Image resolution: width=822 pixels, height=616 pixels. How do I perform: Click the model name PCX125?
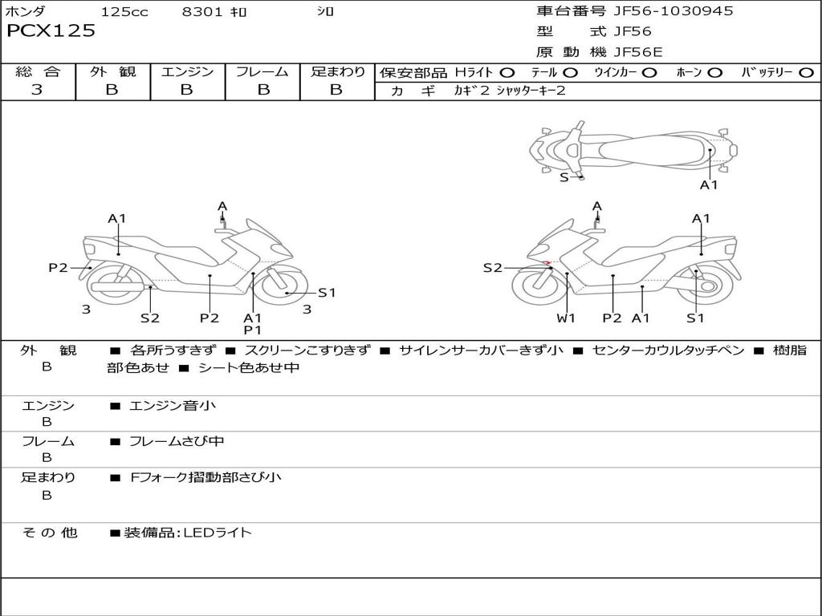click(51, 31)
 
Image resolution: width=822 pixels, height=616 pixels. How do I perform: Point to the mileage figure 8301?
click(203, 12)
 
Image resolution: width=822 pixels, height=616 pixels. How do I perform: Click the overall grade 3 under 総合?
click(37, 90)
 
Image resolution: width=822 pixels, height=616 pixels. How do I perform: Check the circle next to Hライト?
click(507, 73)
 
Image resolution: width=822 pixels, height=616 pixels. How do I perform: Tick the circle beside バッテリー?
click(806, 73)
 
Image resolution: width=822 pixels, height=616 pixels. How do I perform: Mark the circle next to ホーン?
click(714, 73)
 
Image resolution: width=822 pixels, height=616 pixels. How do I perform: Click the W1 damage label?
click(567, 318)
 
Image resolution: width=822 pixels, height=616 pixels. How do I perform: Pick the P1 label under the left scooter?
click(253, 330)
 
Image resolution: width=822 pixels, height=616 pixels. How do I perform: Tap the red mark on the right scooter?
click(546, 263)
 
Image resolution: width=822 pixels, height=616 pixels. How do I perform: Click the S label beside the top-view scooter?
click(564, 177)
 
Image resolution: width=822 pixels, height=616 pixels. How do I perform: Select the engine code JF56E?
click(637, 52)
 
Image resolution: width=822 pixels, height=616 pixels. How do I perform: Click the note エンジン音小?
click(173, 406)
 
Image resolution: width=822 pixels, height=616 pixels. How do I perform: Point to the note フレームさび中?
click(177, 441)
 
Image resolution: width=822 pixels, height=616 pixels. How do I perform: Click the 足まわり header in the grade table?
click(337, 72)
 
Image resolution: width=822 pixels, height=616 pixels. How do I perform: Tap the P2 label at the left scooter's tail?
click(58, 268)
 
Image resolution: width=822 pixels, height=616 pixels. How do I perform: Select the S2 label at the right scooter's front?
click(492, 268)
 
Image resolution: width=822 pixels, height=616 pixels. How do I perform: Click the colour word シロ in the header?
click(324, 12)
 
